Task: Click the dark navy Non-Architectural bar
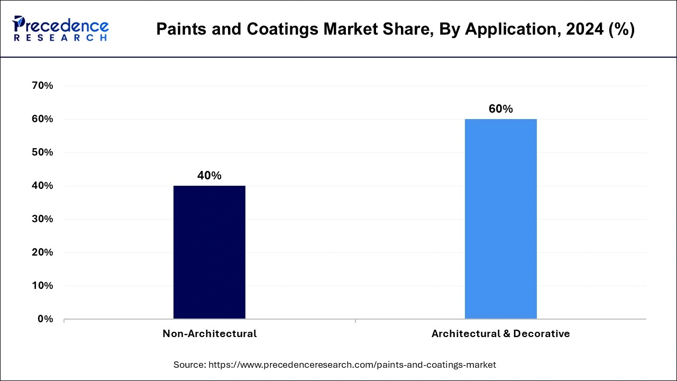pyautogui.click(x=209, y=252)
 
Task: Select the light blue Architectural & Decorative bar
pyautogui.click(x=500, y=219)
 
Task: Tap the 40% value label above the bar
pyautogui.click(x=209, y=176)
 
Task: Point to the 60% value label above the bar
pyautogui.click(x=500, y=109)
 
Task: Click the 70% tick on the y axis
pyautogui.click(x=43, y=86)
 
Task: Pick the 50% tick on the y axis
pyautogui.click(x=43, y=152)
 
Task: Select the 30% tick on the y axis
pyautogui.click(x=43, y=219)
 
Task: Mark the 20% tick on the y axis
pyautogui.click(x=43, y=252)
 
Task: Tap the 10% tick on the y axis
pyautogui.click(x=43, y=286)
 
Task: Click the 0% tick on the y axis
pyautogui.click(x=45, y=319)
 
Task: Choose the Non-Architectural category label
pyautogui.click(x=209, y=334)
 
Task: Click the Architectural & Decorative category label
pyautogui.click(x=500, y=334)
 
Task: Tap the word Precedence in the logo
pyautogui.click(x=67, y=25)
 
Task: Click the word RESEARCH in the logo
pyautogui.click(x=61, y=38)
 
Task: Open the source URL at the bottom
pyautogui.click(x=352, y=365)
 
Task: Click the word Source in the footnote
pyautogui.click(x=189, y=365)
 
